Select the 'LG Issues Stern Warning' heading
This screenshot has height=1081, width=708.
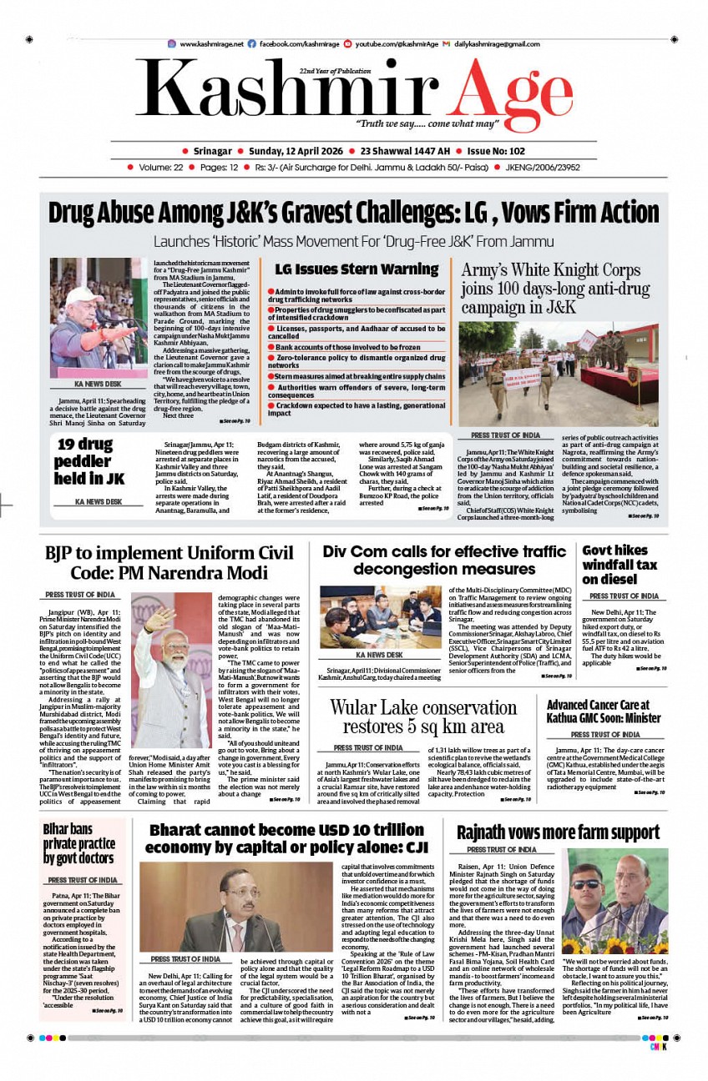pos(357,269)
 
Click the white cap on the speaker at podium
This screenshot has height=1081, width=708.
pos(80,294)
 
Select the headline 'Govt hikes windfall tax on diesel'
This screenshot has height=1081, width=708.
pos(619,565)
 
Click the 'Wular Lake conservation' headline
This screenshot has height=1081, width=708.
pos(422,716)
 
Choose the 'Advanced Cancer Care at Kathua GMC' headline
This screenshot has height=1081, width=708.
pos(604,711)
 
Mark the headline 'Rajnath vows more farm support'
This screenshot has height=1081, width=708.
pos(558,832)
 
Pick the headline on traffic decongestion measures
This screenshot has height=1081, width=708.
pos(444,560)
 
